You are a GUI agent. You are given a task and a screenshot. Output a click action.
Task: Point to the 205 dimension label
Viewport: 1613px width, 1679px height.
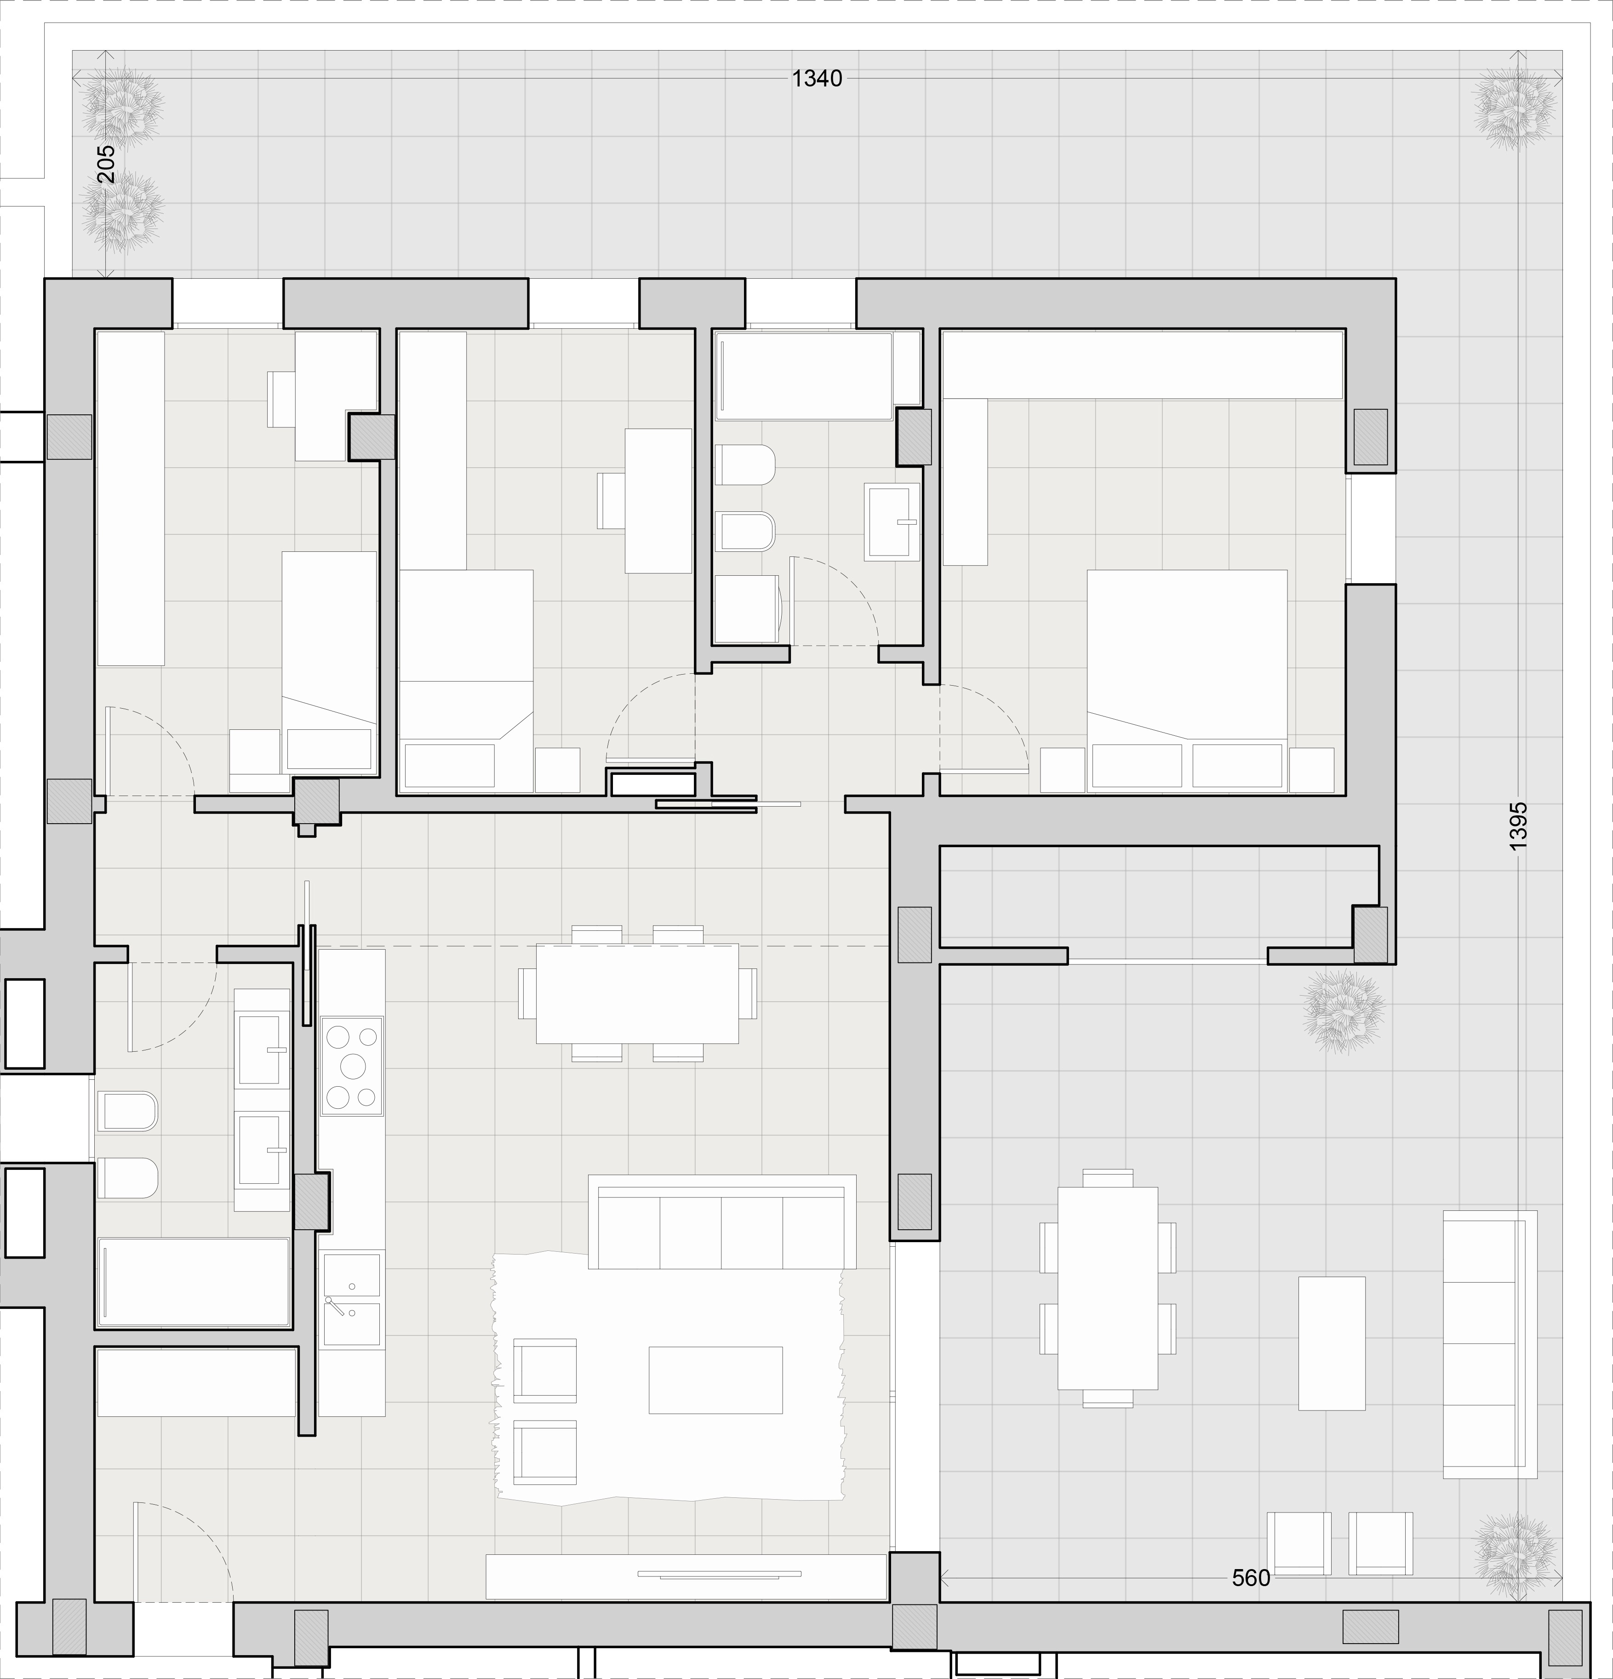pos(105,164)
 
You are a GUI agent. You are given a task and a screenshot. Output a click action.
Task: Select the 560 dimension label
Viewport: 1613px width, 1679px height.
pos(1251,1578)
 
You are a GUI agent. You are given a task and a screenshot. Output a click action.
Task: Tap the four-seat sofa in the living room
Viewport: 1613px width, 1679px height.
pos(722,1221)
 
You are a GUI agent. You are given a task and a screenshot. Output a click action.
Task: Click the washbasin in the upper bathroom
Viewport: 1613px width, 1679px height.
pos(892,521)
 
